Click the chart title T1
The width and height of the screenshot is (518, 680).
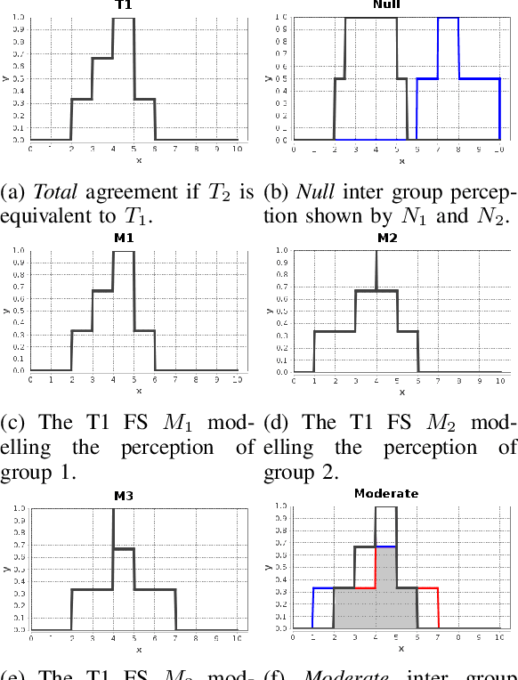coord(125,5)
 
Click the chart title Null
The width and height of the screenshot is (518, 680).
coord(385,4)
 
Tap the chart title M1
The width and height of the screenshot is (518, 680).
coord(125,239)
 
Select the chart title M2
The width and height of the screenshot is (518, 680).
coord(388,239)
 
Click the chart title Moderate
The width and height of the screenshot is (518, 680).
coord(386,493)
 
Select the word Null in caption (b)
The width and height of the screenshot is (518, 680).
coord(317,192)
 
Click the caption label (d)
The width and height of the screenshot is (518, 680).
coord(279,423)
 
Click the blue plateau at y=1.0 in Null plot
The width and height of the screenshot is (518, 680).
coord(448,18)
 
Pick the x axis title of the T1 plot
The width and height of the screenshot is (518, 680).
coord(138,160)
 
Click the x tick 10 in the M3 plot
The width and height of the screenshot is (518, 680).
coord(237,639)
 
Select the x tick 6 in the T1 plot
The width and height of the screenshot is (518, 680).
coord(155,149)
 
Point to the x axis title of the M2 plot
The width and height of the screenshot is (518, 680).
coord(401,391)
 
